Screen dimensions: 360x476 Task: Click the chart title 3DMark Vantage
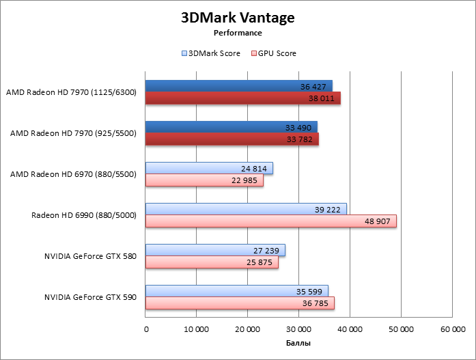point(238,17)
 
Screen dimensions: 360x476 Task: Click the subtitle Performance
point(238,32)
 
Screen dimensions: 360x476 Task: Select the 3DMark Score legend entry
point(211,53)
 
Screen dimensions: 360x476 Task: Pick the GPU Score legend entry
point(274,53)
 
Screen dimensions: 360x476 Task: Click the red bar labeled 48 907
point(270,221)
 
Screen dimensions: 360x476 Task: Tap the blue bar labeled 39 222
point(246,209)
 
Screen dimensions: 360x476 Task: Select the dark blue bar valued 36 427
point(238,86)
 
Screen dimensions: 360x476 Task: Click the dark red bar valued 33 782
point(232,139)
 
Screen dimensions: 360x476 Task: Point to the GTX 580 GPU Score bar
point(212,262)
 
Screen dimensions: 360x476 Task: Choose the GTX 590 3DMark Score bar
point(236,291)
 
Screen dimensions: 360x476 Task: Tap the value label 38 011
point(316,98)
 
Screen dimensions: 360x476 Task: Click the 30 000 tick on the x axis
point(298,329)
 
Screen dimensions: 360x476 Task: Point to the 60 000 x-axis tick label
point(452,329)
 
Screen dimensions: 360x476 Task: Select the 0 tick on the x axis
point(146,329)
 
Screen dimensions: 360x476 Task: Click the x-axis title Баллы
point(298,343)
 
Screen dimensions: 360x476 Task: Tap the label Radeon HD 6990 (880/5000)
point(84,215)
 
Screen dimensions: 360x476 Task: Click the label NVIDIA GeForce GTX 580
point(91,256)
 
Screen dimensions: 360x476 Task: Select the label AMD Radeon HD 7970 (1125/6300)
point(72,92)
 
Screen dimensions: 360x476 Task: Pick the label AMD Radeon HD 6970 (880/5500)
point(74,174)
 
